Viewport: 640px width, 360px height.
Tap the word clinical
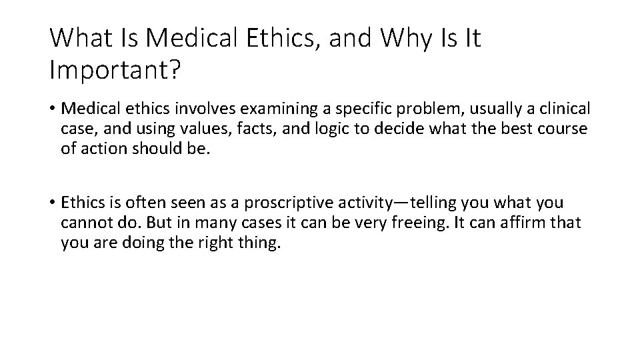coord(557,109)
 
